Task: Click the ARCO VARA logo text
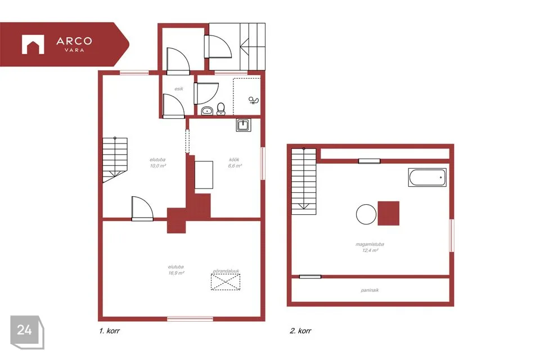[74, 44]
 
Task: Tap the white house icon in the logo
[33, 44]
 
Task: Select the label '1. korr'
[109, 331]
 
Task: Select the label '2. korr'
[300, 331]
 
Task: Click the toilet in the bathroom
[221, 109]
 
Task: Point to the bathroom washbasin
[207, 111]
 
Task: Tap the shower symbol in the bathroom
[254, 100]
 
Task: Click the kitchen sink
[244, 125]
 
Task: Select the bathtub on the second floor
[427, 177]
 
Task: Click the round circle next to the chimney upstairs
[366, 214]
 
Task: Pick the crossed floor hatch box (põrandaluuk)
[226, 282]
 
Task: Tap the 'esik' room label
[179, 89]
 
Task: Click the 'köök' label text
[234, 160]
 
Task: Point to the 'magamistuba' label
[370, 244]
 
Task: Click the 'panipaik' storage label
[370, 290]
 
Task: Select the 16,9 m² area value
[176, 273]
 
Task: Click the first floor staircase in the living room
[115, 160]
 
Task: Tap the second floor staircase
[304, 181]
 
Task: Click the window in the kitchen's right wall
[263, 163]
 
